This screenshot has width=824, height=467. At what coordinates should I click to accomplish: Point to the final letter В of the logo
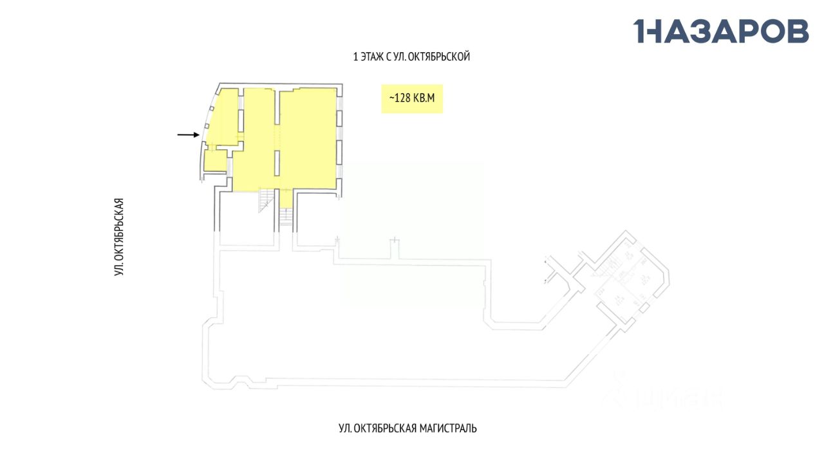796,31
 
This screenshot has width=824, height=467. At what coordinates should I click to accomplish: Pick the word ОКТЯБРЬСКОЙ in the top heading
442,57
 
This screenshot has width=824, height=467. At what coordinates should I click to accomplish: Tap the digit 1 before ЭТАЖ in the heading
355,57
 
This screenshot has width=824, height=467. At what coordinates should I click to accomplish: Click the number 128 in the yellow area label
404,98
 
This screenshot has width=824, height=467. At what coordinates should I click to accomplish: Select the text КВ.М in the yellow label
426,98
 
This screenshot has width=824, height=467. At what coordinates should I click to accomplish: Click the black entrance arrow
188,134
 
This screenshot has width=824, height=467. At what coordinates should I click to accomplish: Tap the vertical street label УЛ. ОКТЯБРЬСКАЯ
118,237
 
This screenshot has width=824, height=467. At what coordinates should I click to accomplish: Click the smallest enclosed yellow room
215,161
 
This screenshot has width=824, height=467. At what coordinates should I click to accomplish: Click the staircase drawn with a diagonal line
266,200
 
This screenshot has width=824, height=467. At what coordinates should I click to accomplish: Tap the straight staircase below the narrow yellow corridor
286,217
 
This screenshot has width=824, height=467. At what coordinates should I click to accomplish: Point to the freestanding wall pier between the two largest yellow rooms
277,163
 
